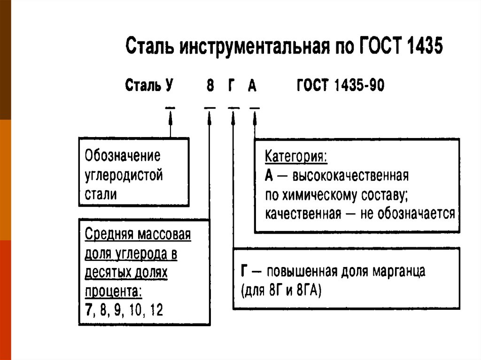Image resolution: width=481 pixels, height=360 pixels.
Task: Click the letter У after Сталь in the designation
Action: click(x=170, y=86)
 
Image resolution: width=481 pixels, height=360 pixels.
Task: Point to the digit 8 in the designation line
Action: click(x=210, y=86)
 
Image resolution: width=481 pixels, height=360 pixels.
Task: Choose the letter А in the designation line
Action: click(x=253, y=86)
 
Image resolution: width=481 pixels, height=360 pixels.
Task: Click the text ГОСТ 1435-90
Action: click(x=341, y=86)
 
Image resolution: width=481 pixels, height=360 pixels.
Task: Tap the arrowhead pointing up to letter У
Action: click(x=170, y=115)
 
